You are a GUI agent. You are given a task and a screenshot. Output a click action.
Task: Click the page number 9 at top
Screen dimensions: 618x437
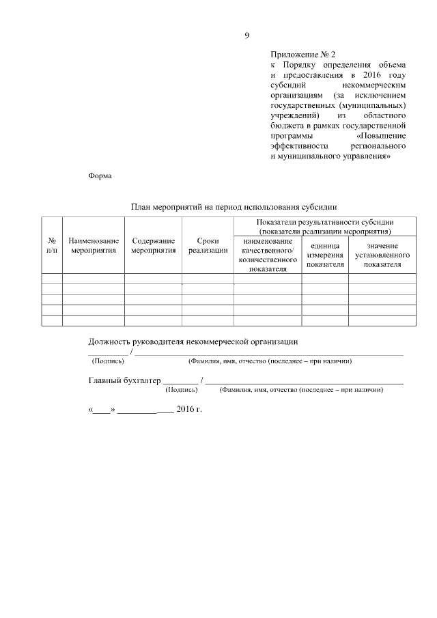[246, 36]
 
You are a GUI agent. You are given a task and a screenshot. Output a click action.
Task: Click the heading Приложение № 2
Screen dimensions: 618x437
[303, 53]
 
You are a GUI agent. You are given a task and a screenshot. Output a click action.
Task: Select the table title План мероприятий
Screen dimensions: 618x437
[234, 206]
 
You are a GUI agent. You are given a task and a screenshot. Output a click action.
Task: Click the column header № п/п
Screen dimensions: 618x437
[52, 246]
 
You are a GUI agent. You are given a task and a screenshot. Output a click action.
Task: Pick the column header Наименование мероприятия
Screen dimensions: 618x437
[94, 246]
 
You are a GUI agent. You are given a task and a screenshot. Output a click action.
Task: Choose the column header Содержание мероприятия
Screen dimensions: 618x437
[153, 246]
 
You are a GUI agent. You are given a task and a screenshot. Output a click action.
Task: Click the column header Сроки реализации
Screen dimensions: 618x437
[208, 246]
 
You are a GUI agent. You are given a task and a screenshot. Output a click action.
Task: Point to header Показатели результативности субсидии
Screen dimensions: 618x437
[324, 227]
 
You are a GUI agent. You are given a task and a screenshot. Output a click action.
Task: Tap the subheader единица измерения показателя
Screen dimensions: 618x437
[325, 255]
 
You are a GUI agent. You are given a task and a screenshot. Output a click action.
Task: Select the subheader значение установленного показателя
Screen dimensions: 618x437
[382, 255]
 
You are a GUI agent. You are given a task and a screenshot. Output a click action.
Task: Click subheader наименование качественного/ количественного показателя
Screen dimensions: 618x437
[268, 255]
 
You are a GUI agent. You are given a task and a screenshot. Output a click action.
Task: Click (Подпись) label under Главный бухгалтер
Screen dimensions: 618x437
[182, 390]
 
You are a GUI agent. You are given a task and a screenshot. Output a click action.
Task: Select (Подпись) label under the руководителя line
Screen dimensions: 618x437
[108, 361]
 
